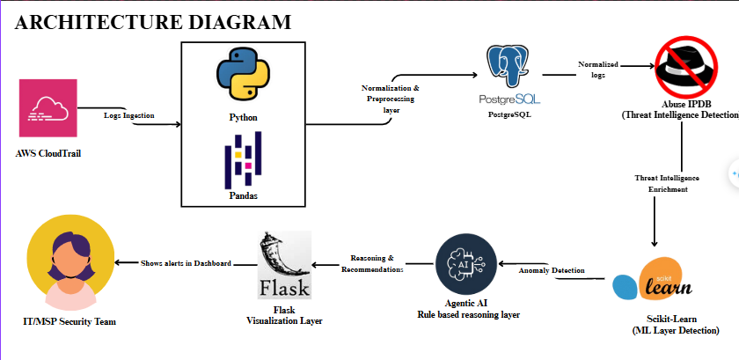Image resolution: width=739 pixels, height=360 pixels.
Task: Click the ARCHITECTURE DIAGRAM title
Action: (153, 22)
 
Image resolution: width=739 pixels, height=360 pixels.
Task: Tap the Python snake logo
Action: (242, 77)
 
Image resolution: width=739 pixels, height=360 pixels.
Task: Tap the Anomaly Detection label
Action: (552, 270)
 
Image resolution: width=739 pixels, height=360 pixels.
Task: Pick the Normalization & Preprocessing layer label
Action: (391, 99)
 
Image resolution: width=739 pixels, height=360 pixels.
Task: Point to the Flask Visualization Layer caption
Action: (283, 315)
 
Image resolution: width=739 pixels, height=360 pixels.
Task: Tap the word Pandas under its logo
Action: (242, 195)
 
